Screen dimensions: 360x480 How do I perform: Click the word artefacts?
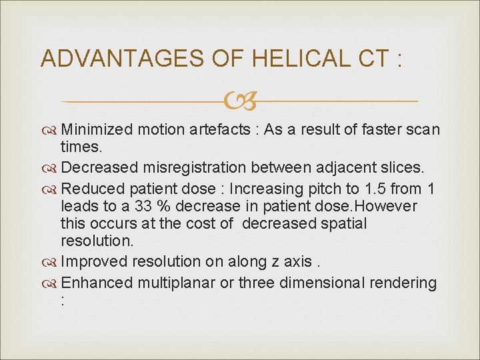click(x=208, y=129)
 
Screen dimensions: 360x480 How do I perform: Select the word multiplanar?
click(x=177, y=283)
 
